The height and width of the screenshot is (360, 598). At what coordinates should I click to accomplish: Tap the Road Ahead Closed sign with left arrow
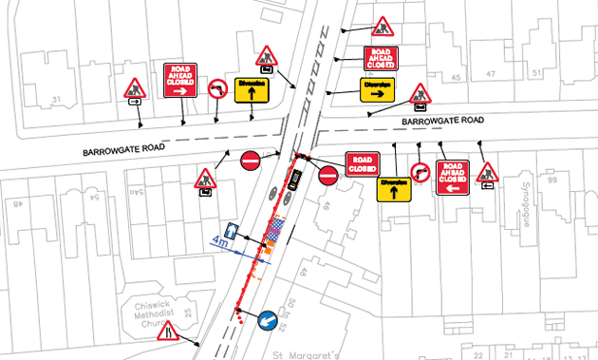click(452, 177)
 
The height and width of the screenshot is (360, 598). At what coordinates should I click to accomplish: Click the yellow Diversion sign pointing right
click(377, 88)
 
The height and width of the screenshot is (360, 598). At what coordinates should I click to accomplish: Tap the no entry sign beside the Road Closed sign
click(328, 176)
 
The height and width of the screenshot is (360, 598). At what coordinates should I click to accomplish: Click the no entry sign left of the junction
click(251, 161)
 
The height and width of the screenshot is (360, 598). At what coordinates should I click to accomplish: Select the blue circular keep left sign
click(268, 320)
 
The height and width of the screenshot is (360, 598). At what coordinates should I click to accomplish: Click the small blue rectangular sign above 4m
click(233, 232)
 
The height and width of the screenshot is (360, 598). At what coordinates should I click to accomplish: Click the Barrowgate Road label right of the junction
click(442, 121)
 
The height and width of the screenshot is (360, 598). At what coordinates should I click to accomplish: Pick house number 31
click(56, 100)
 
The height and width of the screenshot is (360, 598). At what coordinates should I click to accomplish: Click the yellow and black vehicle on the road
click(295, 179)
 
